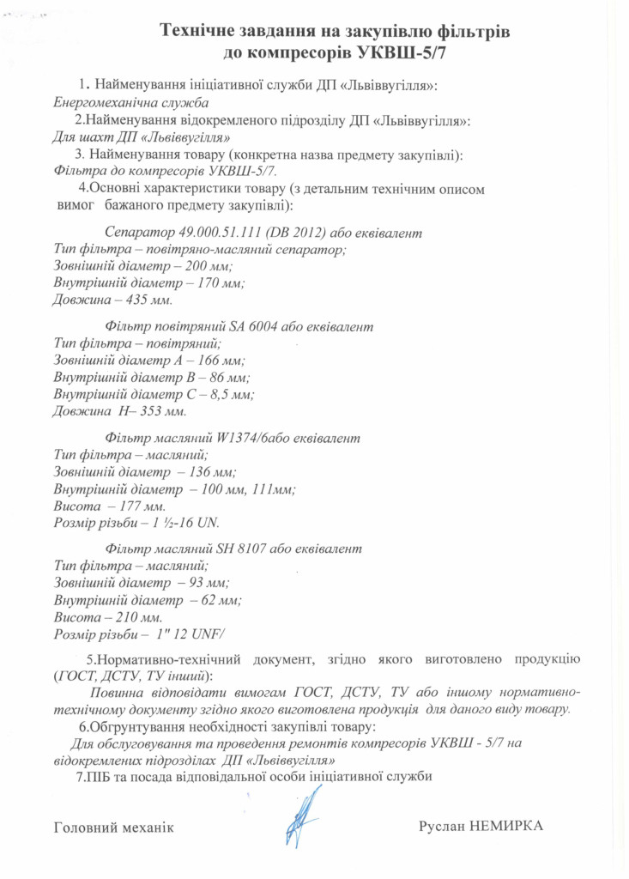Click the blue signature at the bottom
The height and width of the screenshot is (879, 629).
[299, 821]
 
